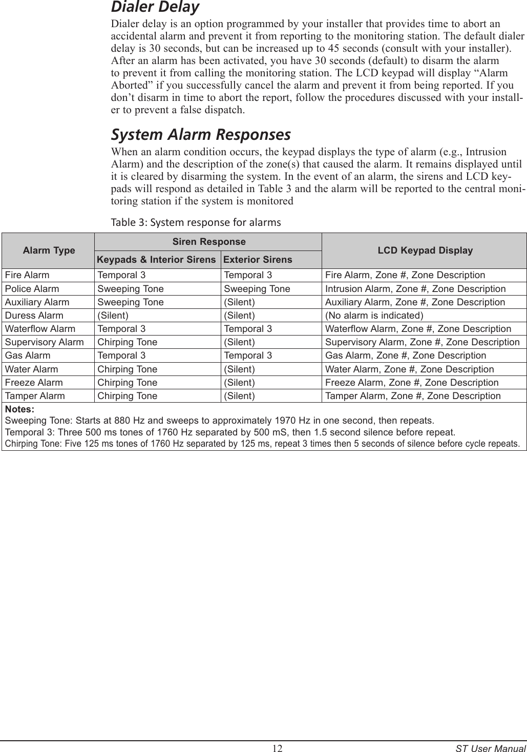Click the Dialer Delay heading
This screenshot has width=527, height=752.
coord(155,8)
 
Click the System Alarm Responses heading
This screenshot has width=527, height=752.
coord(201,135)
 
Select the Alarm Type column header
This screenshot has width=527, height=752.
coord(49,250)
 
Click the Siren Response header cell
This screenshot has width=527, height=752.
coord(209,242)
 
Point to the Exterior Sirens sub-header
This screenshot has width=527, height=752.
coord(258,260)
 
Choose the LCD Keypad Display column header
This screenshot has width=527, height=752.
coord(425,250)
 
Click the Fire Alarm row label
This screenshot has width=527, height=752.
coord(27,276)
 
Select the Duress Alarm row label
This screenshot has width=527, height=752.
coord(34,316)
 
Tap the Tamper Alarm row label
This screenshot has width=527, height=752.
coord(35,396)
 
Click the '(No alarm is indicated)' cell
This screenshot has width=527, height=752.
coord(374,316)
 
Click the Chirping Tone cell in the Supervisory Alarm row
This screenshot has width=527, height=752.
coord(128,342)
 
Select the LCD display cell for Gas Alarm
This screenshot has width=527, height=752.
coord(406,356)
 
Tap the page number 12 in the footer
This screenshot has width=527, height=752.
coord(277,748)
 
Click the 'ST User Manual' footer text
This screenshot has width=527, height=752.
coord(490,748)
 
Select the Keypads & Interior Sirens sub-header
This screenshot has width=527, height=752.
coord(156,260)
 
